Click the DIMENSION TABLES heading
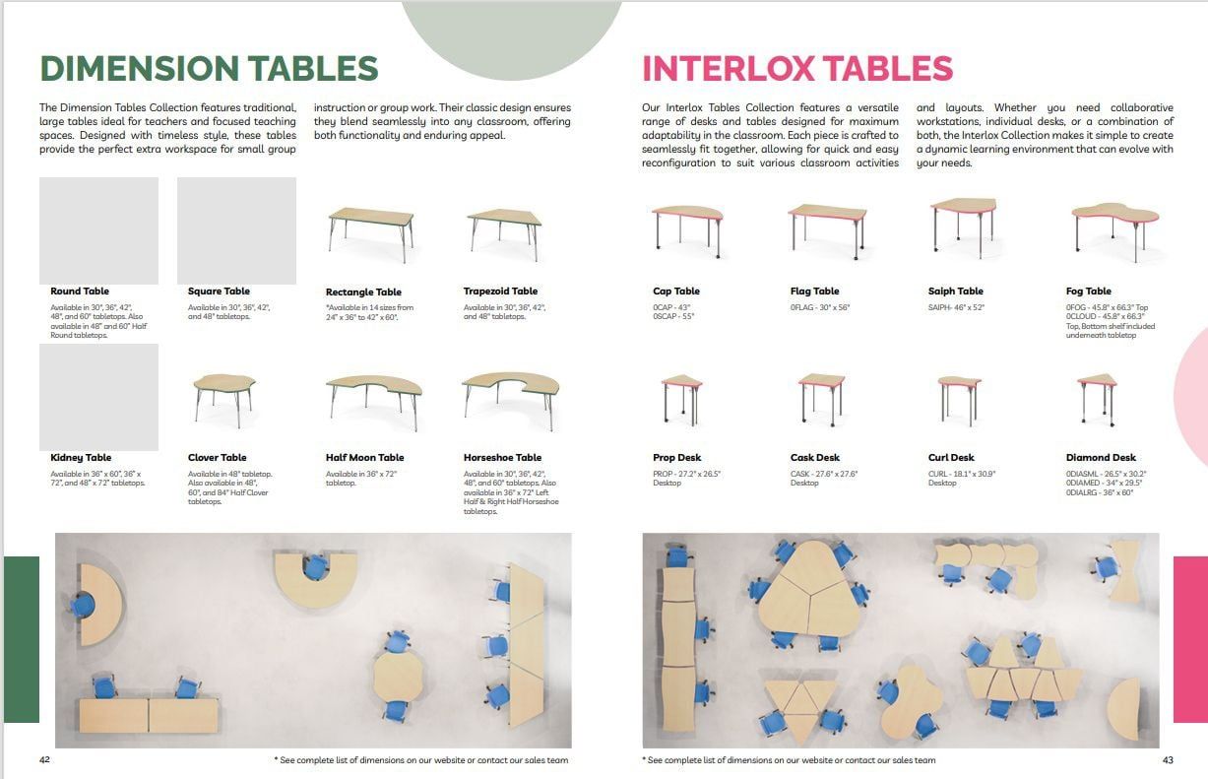(x=209, y=69)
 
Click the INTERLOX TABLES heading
(x=796, y=69)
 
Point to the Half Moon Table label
(x=364, y=458)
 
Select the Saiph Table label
(x=955, y=292)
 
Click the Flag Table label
(x=814, y=292)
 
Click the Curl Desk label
(x=950, y=458)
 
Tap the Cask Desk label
(x=814, y=458)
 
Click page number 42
(x=45, y=760)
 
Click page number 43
(x=1168, y=760)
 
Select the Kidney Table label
(x=81, y=458)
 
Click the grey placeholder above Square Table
(x=236, y=230)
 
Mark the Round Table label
(x=80, y=292)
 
